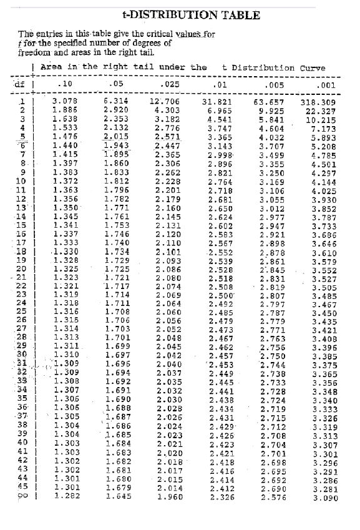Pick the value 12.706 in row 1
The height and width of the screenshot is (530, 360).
point(165,101)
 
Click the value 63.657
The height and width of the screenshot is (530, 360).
point(269,101)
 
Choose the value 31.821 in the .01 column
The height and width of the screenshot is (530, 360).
point(216,101)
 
